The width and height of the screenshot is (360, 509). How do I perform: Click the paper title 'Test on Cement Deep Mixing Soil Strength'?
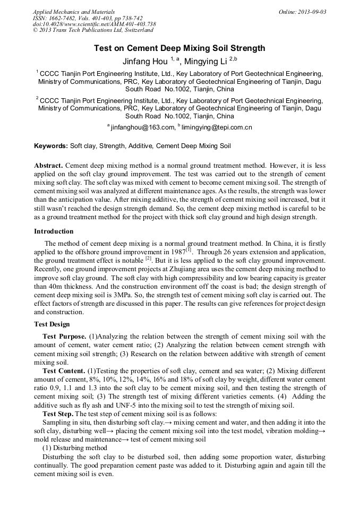click(x=179, y=48)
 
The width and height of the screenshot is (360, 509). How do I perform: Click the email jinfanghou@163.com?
click(x=142, y=127)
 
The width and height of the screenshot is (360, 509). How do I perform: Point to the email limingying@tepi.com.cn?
click(x=217, y=127)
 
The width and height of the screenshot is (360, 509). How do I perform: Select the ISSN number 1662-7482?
click(x=63, y=18)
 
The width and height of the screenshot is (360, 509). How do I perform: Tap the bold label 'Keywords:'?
click(x=51, y=145)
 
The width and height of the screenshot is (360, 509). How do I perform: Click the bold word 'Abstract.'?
click(x=48, y=166)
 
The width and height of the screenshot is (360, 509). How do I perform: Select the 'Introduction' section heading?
click(x=54, y=231)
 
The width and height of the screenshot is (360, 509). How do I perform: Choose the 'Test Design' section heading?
click(x=52, y=324)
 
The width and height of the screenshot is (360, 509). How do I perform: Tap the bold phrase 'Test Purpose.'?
click(x=64, y=337)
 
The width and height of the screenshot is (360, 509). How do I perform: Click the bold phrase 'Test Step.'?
click(x=58, y=413)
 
